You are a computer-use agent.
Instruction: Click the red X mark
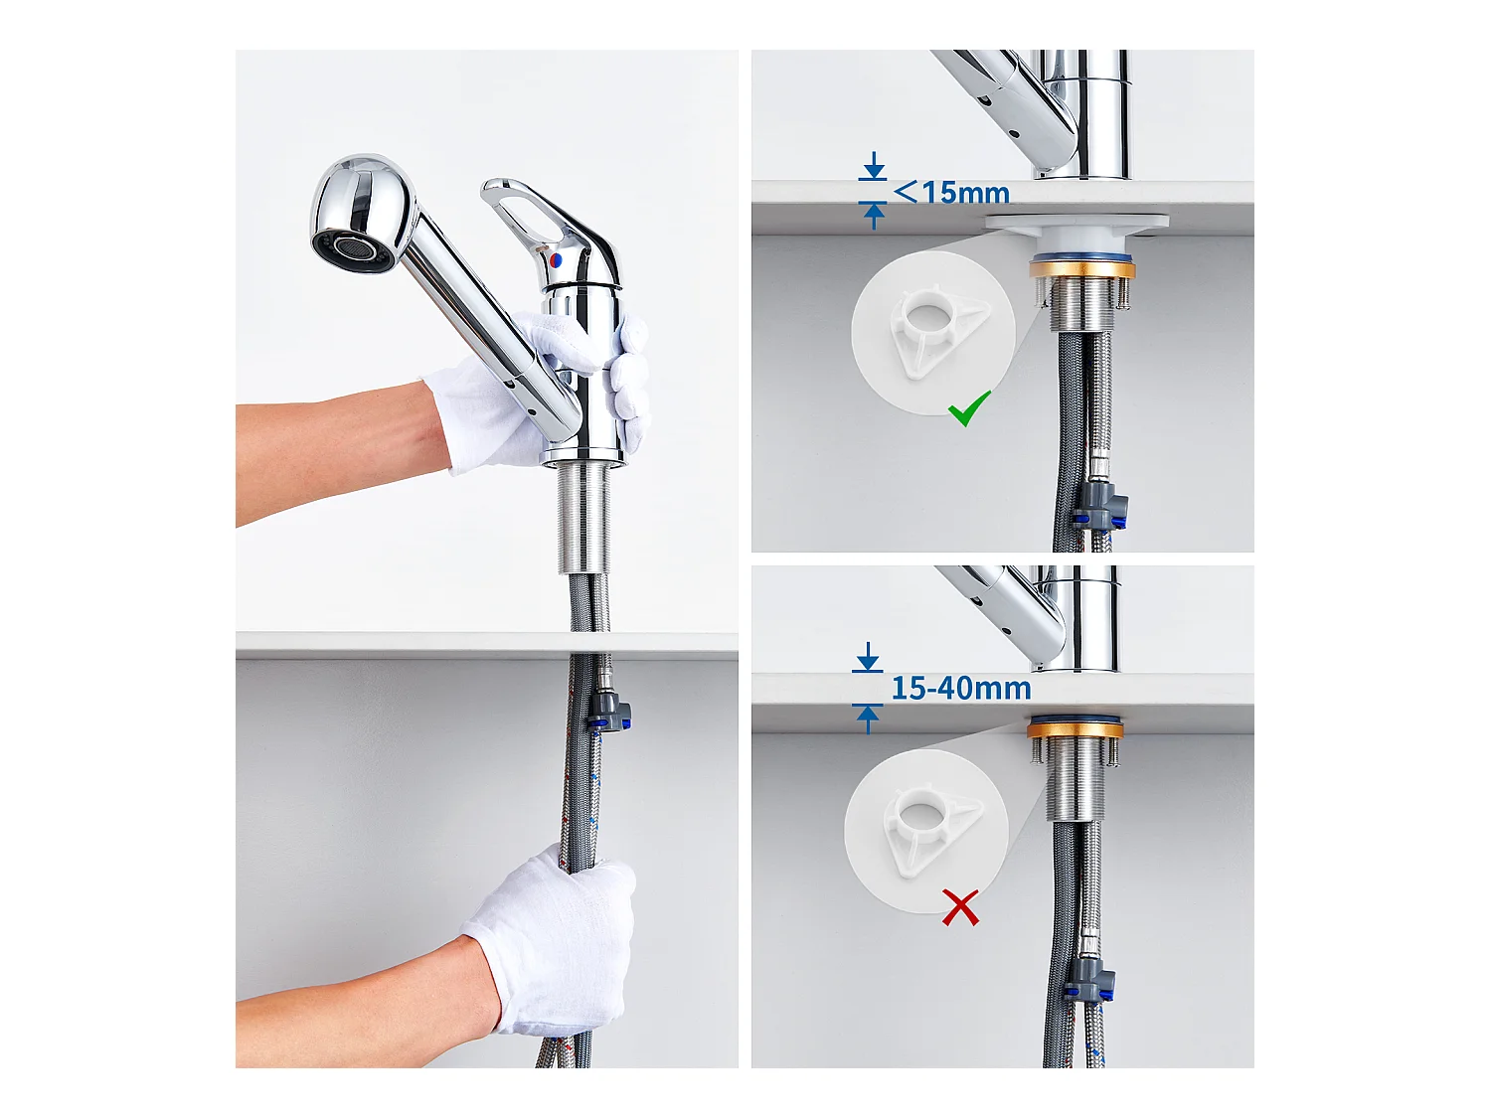pos(960,907)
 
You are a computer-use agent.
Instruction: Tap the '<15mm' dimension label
pos(951,193)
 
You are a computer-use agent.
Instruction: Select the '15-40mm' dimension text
pos(960,689)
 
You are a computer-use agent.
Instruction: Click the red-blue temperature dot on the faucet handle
pos(557,258)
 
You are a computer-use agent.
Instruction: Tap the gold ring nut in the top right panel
pos(1081,269)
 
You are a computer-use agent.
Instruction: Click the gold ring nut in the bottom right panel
pos(1075,729)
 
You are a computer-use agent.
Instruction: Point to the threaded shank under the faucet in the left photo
pos(583,520)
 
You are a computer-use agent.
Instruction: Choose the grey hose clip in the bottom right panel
pos(1089,978)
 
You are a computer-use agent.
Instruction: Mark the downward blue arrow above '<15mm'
pos(874,166)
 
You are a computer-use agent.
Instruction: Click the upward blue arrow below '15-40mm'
pos(868,719)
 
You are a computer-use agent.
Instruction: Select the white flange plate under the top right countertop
pos(1077,222)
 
